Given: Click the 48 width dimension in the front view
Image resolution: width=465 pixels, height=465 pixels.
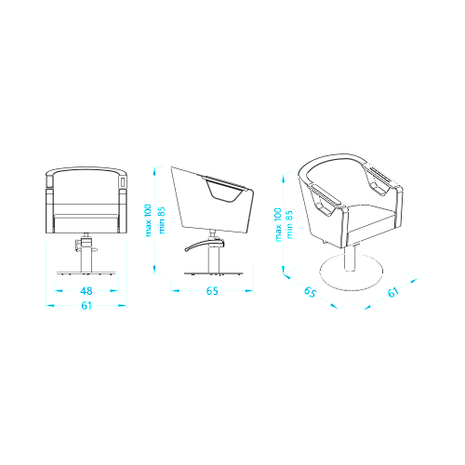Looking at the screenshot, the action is pos(86,291).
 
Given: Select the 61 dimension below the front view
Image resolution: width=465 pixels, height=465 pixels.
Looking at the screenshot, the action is pos(86,306).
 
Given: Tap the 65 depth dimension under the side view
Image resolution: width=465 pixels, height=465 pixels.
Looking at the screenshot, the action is pos(212,291).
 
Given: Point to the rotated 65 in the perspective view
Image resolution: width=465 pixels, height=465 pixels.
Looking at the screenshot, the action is pos(310,292).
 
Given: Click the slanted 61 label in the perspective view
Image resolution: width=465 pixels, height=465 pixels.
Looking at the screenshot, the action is pos(393,292).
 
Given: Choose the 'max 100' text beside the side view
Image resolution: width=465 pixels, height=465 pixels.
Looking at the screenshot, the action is pos(148,220).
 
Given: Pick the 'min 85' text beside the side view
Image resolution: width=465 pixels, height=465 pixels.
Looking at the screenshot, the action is pos(162,220).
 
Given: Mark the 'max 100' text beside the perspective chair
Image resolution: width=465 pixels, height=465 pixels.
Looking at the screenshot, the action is pos(278,225).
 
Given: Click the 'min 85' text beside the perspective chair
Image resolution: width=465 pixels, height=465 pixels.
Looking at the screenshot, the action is pos(289,225).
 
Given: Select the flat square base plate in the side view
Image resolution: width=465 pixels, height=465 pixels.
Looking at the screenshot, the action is pos(213,273).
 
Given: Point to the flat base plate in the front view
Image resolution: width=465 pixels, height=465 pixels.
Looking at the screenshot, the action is pos(86,273).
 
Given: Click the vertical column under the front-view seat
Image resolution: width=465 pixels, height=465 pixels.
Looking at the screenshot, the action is pos(86,259).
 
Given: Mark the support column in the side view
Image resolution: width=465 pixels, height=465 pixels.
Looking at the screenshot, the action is pos(213,259).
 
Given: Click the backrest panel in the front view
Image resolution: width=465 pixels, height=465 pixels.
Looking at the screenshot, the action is pos(86,189).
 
